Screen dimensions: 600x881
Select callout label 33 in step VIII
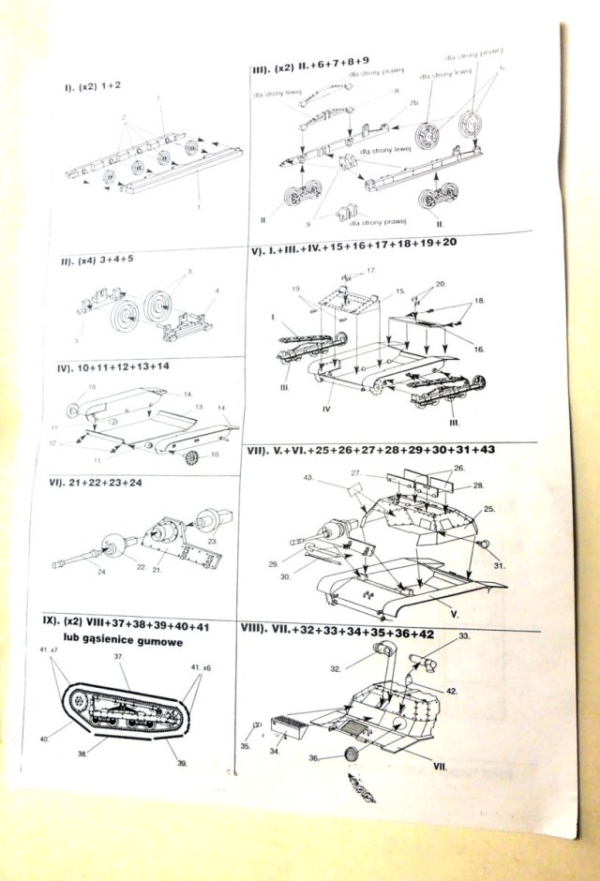point(463,637)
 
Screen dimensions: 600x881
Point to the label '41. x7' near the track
point(49,650)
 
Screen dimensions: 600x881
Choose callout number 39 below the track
point(181,763)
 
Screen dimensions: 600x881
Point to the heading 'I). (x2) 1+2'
point(93,87)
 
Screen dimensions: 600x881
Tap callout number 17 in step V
point(369,270)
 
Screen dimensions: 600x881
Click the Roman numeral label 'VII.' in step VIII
point(439,765)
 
